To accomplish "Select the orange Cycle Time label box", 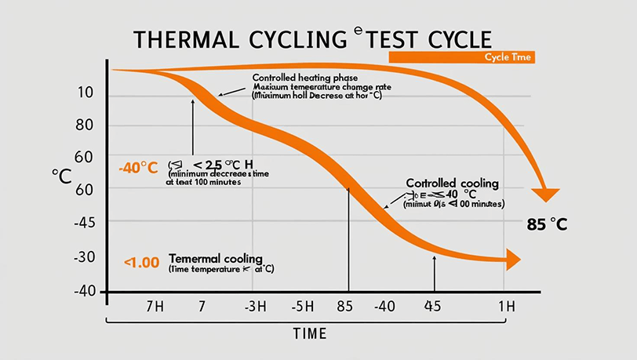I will click(461, 57).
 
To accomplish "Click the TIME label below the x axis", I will click(309, 333).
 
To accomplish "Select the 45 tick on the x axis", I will click(433, 306).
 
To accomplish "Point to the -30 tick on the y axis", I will click(84, 257).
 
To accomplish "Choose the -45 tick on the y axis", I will click(84, 224).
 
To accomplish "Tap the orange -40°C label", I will click(139, 167).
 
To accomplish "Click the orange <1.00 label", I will click(142, 261).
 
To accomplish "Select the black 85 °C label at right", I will click(546, 224).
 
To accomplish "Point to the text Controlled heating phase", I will click(304, 78).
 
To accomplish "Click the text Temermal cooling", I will click(215, 258).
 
